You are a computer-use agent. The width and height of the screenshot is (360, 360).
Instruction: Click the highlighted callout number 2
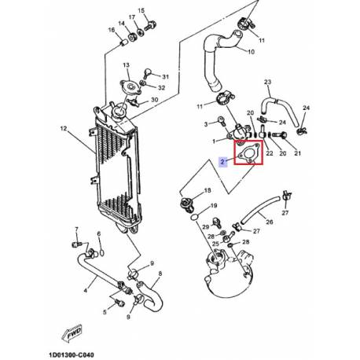tap(222, 161)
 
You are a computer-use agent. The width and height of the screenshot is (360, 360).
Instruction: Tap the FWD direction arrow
tap(72, 333)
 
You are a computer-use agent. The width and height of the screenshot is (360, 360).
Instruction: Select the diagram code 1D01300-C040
tap(71, 355)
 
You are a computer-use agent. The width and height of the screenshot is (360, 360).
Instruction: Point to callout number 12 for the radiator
tap(64, 128)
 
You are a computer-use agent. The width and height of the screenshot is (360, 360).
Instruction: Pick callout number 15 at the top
tap(141, 11)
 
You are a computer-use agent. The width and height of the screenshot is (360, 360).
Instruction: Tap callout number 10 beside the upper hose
tap(251, 52)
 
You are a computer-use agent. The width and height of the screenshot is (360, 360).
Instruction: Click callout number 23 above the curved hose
tap(267, 82)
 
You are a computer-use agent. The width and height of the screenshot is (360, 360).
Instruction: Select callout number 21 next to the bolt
tap(297, 152)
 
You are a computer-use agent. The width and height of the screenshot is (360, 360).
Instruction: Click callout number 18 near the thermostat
tap(208, 190)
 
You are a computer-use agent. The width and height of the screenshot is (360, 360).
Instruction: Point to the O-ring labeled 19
tap(194, 217)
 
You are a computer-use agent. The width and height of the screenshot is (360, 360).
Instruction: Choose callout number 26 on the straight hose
tap(270, 222)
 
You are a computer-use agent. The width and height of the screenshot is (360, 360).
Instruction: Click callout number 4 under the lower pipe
tap(86, 290)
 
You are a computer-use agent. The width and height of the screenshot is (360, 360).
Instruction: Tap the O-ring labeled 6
tap(102, 252)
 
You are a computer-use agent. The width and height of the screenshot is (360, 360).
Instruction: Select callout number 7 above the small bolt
tap(76, 230)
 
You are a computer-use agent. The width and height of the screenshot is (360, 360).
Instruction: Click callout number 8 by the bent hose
tap(160, 274)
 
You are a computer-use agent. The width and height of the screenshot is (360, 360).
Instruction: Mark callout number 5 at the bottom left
tap(105, 312)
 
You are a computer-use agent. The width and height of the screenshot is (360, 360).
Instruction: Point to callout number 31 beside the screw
tap(165, 77)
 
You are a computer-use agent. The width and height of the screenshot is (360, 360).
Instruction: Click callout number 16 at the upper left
tap(112, 30)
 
